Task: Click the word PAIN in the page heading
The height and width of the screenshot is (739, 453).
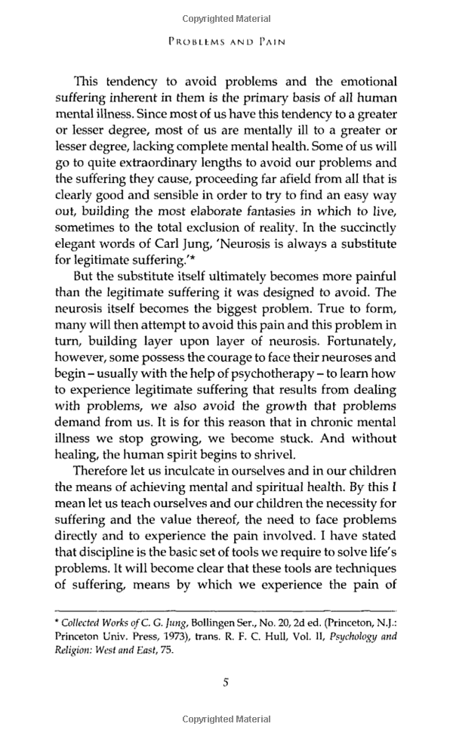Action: click(x=269, y=43)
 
